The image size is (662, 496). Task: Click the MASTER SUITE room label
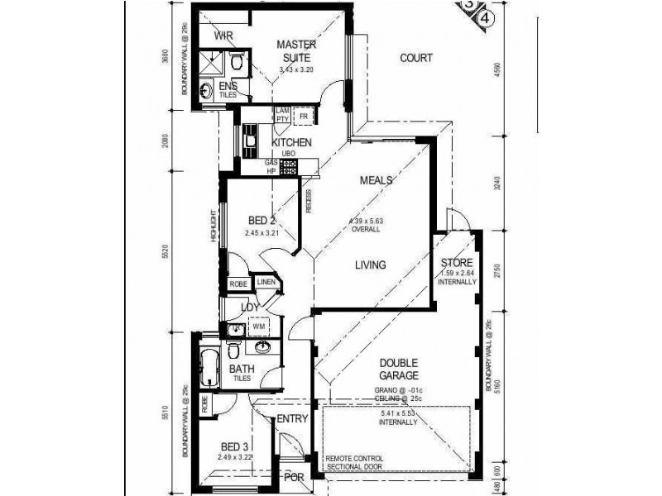294,50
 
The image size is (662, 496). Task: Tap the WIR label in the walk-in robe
223,36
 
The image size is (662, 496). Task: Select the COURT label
416,58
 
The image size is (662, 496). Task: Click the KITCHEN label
291,143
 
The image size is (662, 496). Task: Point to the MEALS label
376,180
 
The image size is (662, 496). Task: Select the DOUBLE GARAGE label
399,369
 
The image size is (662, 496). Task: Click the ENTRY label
291,420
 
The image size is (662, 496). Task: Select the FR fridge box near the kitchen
303,116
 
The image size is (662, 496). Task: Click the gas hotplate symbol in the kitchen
288,167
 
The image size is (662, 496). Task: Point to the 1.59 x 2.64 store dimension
457,274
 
